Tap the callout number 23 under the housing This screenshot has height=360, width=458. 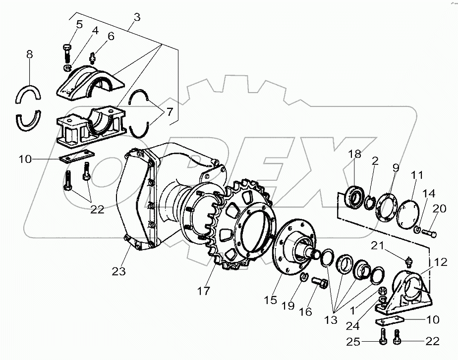[x=118, y=271]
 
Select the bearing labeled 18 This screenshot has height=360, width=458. [x=353, y=196]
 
